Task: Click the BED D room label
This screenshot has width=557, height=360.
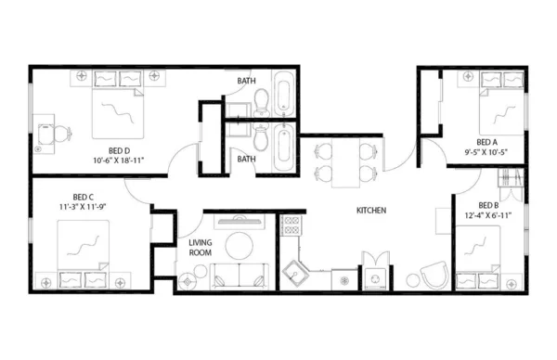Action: (118, 149)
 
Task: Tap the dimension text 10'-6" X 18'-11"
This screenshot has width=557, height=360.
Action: (118, 160)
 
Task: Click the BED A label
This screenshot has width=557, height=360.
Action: (487, 142)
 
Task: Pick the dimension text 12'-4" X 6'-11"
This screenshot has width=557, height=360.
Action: (488, 215)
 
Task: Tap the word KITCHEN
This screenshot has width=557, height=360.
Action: (370, 211)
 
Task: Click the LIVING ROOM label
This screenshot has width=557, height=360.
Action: (201, 246)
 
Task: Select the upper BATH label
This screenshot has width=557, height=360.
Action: (246, 81)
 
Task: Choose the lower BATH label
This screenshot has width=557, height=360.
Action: (246, 159)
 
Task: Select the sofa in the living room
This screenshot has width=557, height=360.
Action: (239, 276)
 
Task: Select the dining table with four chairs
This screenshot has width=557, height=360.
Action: (346, 161)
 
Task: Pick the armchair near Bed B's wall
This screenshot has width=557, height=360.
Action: (431, 276)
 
